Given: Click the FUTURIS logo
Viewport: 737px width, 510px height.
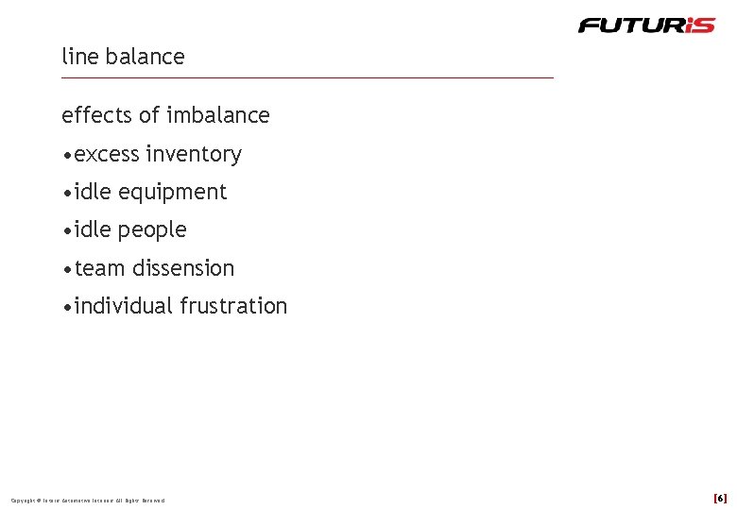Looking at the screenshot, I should pos(646,25).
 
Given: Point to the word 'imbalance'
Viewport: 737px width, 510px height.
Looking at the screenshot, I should pos(218,115).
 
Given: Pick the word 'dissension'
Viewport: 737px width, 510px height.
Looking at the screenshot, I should pos(183,268).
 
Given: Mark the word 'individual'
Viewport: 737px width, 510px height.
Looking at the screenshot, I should pos(123,306).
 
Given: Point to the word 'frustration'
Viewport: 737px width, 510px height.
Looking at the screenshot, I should pos(233,306).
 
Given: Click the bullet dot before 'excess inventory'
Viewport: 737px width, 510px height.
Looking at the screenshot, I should pos(66,155).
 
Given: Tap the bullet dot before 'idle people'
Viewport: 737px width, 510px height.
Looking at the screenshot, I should pos(66,230).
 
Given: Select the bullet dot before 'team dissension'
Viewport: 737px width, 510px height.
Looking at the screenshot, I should pos(66,269).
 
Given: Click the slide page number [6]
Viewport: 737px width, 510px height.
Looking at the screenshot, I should pos(720,498).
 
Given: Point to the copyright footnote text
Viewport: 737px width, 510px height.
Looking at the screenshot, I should pos(88,500).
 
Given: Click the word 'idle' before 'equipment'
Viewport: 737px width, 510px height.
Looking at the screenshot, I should pos(93,192).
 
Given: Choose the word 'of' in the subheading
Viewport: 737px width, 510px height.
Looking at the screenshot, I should pos(149,115).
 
